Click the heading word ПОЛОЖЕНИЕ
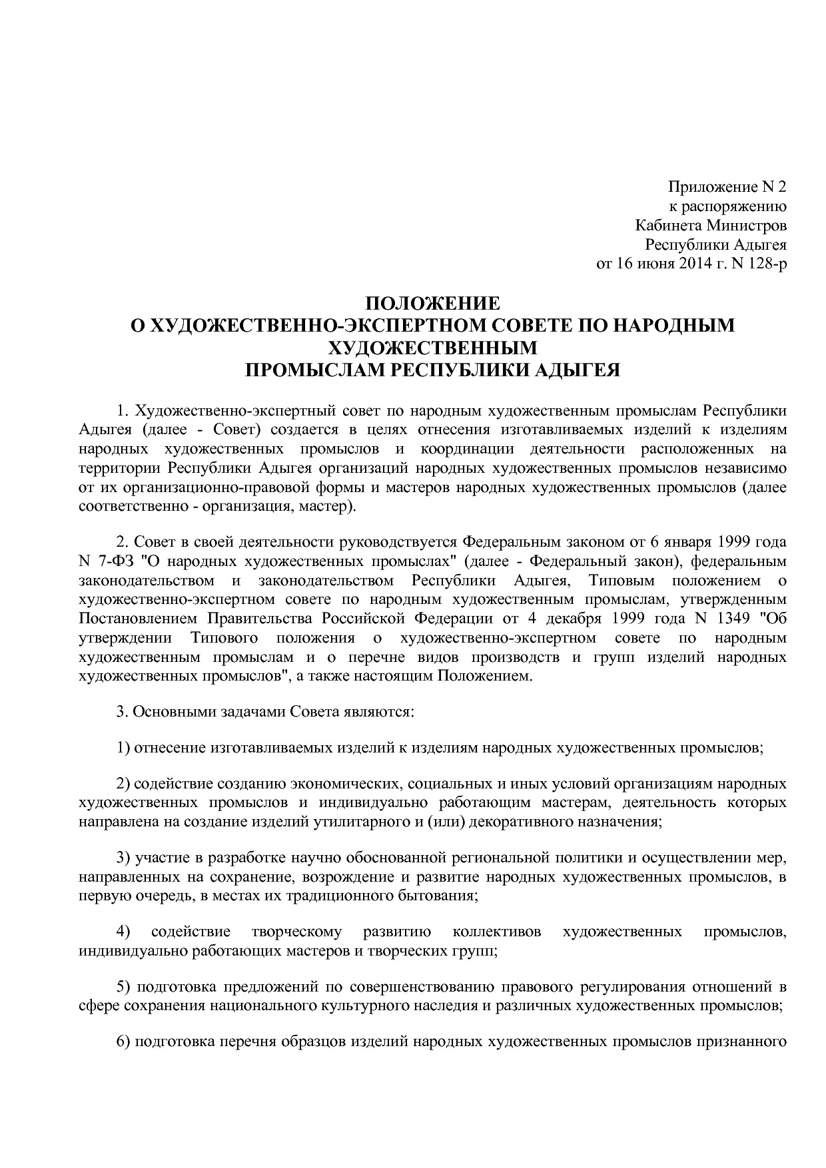pos(432,304)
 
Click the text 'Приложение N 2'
pos(727,186)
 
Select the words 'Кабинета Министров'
pos(711,225)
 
